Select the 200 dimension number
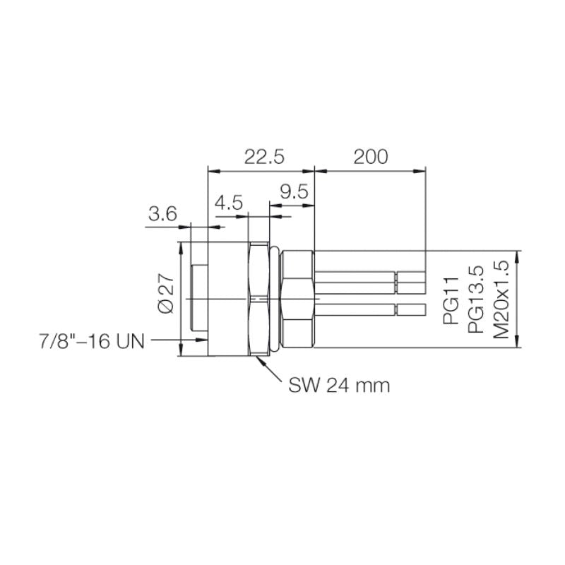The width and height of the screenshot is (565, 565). [371, 157]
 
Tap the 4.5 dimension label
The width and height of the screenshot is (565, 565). [229, 203]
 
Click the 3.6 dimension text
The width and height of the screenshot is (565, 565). [162, 214]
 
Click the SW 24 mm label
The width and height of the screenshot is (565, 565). [339, 386]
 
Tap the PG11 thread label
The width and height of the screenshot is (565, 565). [452, 301]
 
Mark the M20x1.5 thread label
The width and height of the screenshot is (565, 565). [501, 299]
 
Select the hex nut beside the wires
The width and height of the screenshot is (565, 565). [297, 299]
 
